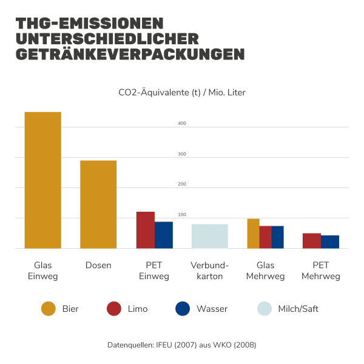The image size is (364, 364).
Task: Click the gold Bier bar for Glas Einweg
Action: pos(42,180)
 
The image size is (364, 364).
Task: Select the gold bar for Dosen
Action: pos(98,204)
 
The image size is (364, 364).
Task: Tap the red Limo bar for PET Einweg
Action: pos(145,230)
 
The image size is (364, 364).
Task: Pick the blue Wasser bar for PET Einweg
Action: pos(163,235)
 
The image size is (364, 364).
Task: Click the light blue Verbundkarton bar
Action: pos(209,236)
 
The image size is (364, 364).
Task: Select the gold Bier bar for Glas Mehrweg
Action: pos(253,234)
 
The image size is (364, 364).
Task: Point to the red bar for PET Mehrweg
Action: pos(311,241)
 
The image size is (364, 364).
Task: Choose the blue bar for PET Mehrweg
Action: pos(329,241)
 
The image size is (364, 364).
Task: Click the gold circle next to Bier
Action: pos(49,309)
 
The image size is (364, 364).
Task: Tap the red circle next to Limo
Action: pos(114,309)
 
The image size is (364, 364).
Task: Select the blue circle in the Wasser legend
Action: pos(183,309)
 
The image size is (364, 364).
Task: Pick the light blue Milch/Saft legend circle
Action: pos(264,309)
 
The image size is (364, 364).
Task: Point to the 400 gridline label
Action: pos(181,124)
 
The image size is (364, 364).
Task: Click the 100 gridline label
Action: pos(181,215)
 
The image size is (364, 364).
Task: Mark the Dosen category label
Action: pos(98,265)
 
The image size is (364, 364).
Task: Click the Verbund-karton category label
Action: pos(209,271)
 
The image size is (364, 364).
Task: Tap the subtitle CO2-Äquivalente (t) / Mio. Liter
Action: pos(182,93)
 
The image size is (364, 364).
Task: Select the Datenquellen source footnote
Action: pos(182,345)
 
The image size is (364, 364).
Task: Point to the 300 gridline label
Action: pos(181,155)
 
